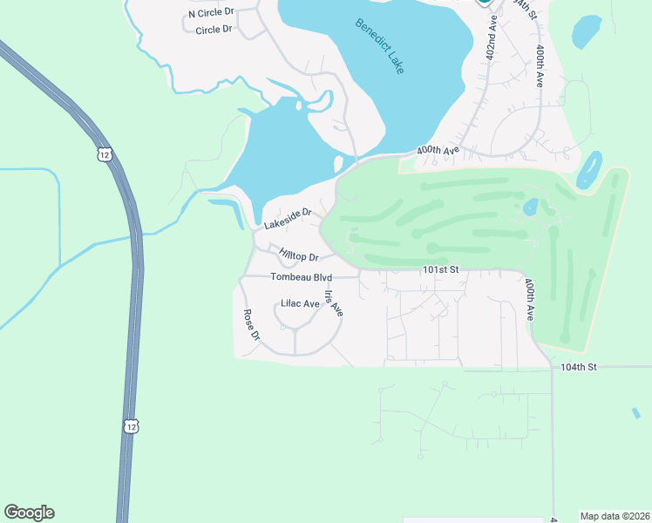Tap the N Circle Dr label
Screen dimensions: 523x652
pyautogui.click(x=212, y=13)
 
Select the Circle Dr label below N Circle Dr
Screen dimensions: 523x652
pyautogui.click(x=214, y=30)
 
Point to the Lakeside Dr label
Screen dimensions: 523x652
pyautogui.click(x=288, y=217)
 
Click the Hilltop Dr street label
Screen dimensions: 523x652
pyautogui.click(x=299, y=255)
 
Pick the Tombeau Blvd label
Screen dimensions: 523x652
pyautogui.click(x=302, y=277)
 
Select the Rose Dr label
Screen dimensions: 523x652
pyautogui.click(x=252, y=324)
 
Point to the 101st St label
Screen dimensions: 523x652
pyautogui.click(x=440, y=270)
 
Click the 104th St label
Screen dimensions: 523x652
pyautogui.click(x=578, y=367)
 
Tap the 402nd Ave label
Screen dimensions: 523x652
pyautogui.click(x=492, y=36)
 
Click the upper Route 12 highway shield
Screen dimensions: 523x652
pyautogui.click(x=105, y=154)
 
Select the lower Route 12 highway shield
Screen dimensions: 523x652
pyautogui.click(x=130, y=425)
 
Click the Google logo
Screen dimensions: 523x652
pyautogui.click(x=29, y=513)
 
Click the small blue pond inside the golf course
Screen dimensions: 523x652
pyautogui.click(x=529, y=207)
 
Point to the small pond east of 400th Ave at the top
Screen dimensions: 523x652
pyautogui.click(x=587, y=32)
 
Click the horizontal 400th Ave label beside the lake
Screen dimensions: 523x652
pyautogui.click(x=438, y=151)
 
